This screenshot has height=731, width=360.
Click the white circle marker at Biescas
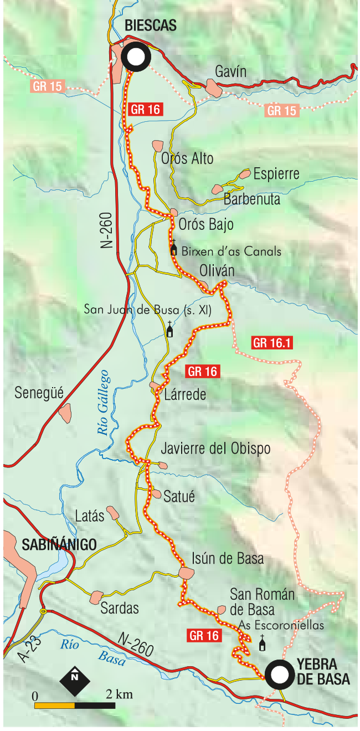coord(136,57)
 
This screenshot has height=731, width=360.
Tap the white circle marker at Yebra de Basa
coord(279,674)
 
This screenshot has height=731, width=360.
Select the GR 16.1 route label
coord(272,343)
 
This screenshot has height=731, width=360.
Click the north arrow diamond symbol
coord(74,681)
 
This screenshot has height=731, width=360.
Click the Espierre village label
coord(276,174)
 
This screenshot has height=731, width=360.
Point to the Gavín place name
coord(230,71)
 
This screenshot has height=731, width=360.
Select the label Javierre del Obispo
coord(215,448)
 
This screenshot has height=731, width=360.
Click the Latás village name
coord(90,516)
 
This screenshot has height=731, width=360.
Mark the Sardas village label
coord(120,608)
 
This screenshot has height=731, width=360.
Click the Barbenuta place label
coord(252,199)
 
